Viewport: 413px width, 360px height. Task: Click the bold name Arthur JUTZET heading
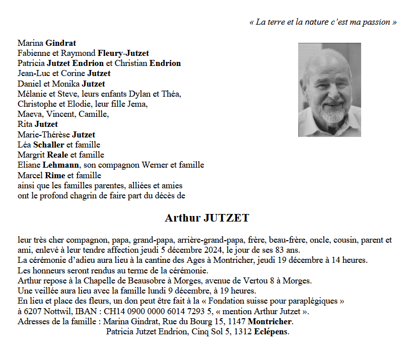pyautogui.click(x=207, y=218)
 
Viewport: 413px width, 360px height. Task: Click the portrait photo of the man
pyautogui.click(x=329, y=90)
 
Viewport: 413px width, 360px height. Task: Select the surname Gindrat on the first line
pyautogui.click(x=60, y=43)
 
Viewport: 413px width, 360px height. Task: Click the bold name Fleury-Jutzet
pyautogui.click(x=123, y=53)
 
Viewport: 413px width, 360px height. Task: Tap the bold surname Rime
pyautogui.click(x=55, y=175)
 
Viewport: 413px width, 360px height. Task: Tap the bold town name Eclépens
pyautogui.click(x=271, y=331)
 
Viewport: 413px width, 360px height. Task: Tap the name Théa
pyautogui.click(x=172, y=94)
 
